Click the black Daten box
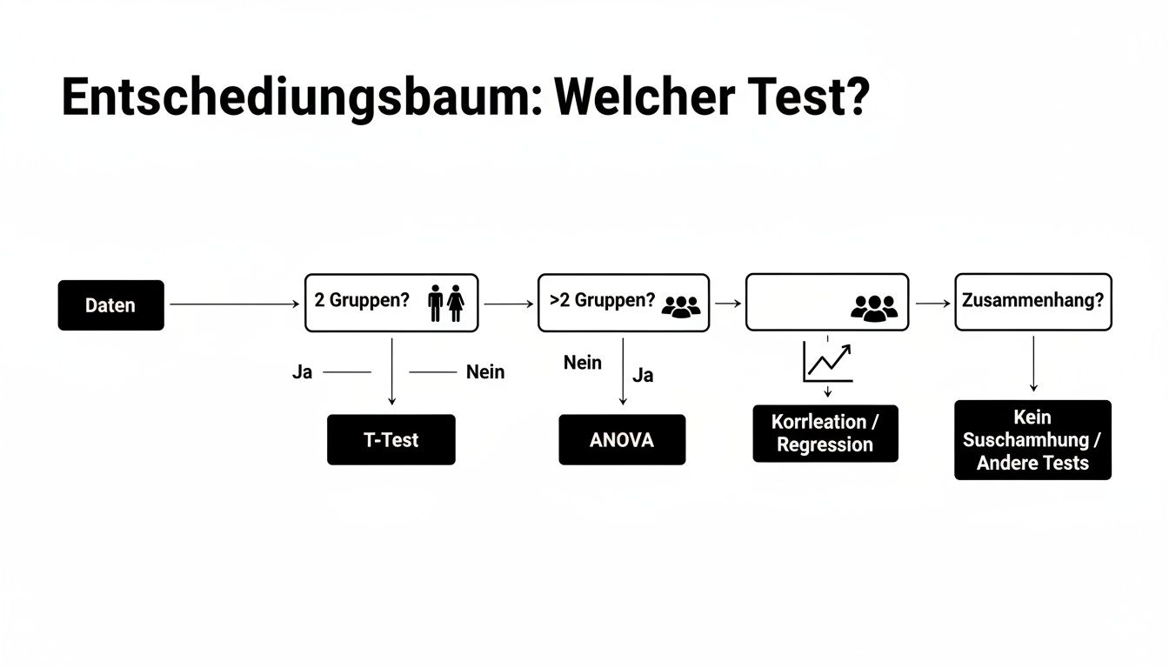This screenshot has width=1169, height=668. point(110,305)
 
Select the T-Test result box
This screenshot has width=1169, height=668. point(391,439)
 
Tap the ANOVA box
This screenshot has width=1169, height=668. point(622,439)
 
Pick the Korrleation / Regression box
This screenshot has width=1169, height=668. point(825,433)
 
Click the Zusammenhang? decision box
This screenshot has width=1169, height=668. point(1032,302)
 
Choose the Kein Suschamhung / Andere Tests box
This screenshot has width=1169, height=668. point(1032,439)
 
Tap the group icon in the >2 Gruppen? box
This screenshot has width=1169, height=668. point(680,304)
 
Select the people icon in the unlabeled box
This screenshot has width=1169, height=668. point(873,306)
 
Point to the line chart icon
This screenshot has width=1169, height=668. point(827,362)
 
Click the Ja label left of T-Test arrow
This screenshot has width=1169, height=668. point(302,372)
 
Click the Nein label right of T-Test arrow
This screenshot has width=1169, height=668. point(485,372)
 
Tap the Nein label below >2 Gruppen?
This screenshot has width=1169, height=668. point(583,363)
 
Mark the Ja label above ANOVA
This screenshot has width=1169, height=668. point(643,376)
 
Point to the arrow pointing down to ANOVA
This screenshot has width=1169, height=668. point(623,371)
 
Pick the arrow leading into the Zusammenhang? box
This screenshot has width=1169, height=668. point(933,304)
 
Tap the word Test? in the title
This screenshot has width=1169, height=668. point(818,98)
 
